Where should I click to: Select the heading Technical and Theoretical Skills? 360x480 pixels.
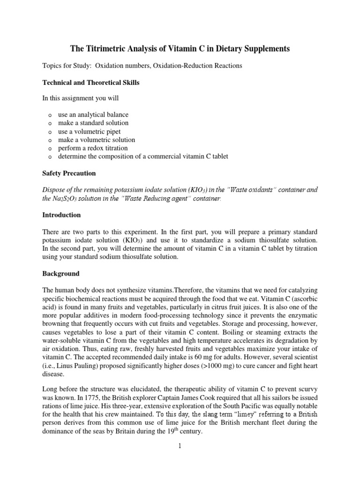91,82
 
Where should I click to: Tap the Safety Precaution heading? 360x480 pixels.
69,173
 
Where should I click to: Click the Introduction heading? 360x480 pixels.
62,215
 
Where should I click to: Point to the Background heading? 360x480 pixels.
61,273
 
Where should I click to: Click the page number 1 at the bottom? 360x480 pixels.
180,446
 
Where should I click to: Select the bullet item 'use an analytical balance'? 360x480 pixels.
93,114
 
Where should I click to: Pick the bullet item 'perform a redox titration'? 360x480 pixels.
92,148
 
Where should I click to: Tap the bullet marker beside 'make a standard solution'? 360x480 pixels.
50,123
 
